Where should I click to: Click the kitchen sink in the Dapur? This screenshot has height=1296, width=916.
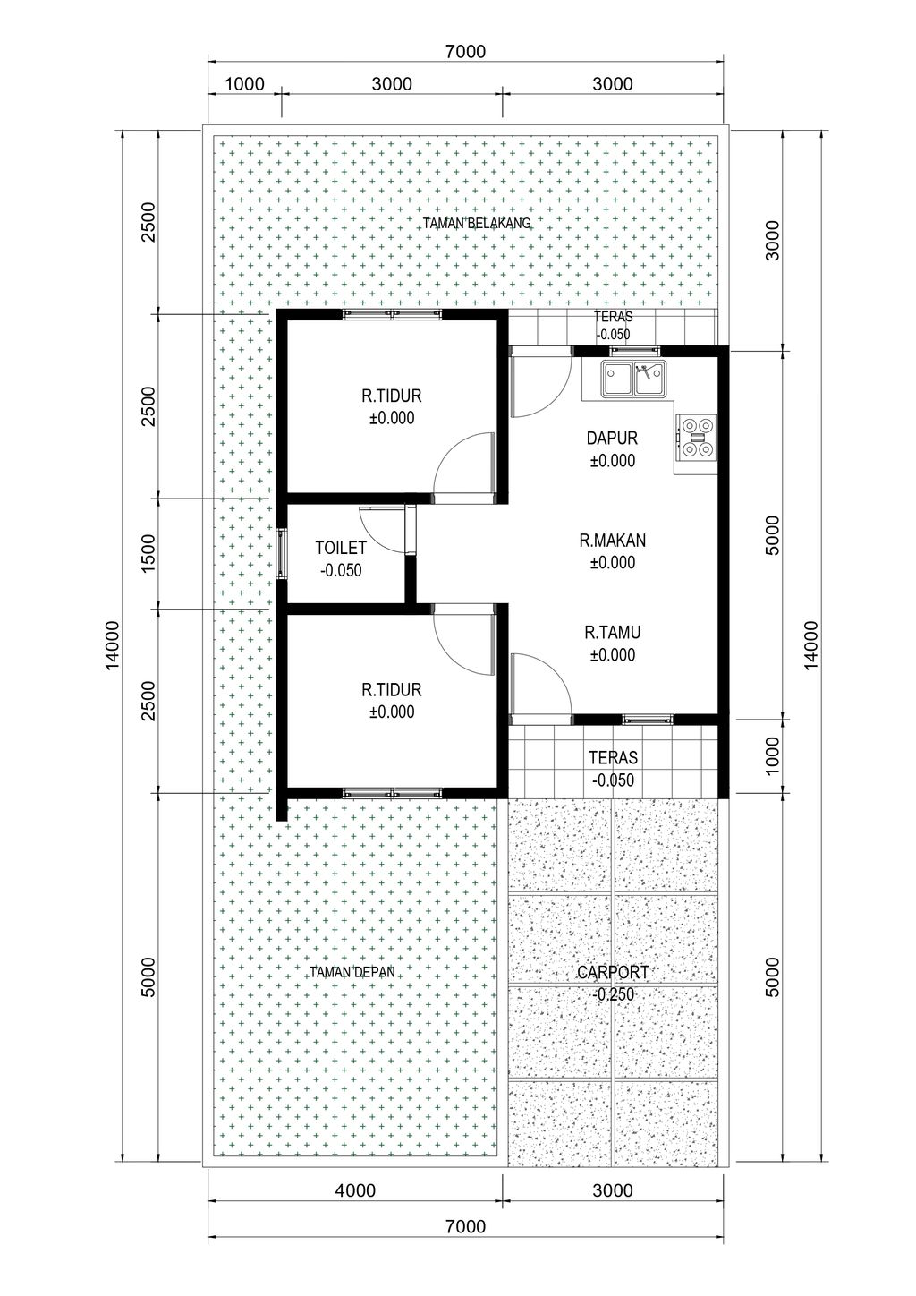(x=634, y=379)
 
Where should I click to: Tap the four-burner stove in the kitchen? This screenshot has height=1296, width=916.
(x=696, y=437)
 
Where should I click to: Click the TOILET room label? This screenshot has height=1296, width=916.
(x=341, y=548)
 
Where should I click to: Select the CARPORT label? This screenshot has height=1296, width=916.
(x=613, y=972)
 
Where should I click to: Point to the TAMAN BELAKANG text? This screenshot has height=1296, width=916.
(x=477, y=224)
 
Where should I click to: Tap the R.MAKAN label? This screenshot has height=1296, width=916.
(x=613, y=541)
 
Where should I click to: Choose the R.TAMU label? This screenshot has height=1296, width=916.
(x=613, y=633)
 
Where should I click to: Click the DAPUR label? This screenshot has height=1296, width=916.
(x=612, y=438)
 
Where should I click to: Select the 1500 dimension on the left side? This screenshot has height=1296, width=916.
(x=148, y=553)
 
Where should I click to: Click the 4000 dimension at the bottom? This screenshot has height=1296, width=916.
(x=355, y=1190)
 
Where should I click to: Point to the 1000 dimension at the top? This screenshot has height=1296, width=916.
(x=244, y=84)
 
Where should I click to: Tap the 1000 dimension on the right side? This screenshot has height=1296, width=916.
(x=773, y=755)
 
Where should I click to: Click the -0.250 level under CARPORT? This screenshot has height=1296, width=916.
(x=613, y=994)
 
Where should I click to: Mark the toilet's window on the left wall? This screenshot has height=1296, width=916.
(x=281, y=553)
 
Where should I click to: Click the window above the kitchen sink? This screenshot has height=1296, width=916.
(x=634, y=350)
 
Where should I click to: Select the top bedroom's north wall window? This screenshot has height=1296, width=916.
(x=392, y=314)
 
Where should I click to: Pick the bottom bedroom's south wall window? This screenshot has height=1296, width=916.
(x=392, y=793)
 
